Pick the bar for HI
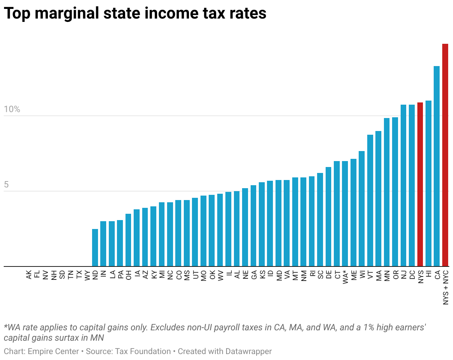pos(428,183)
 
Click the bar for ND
pos(95,248)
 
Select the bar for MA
pos(378,199)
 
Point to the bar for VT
pos(370,200)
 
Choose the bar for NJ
pos(404,186)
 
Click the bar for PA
pos(120,243)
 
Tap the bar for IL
pos(228,229)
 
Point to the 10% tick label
pos(12,109)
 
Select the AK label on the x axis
pos(29,275)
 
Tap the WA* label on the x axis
pos(345,277)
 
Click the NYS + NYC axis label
pos(445,288)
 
